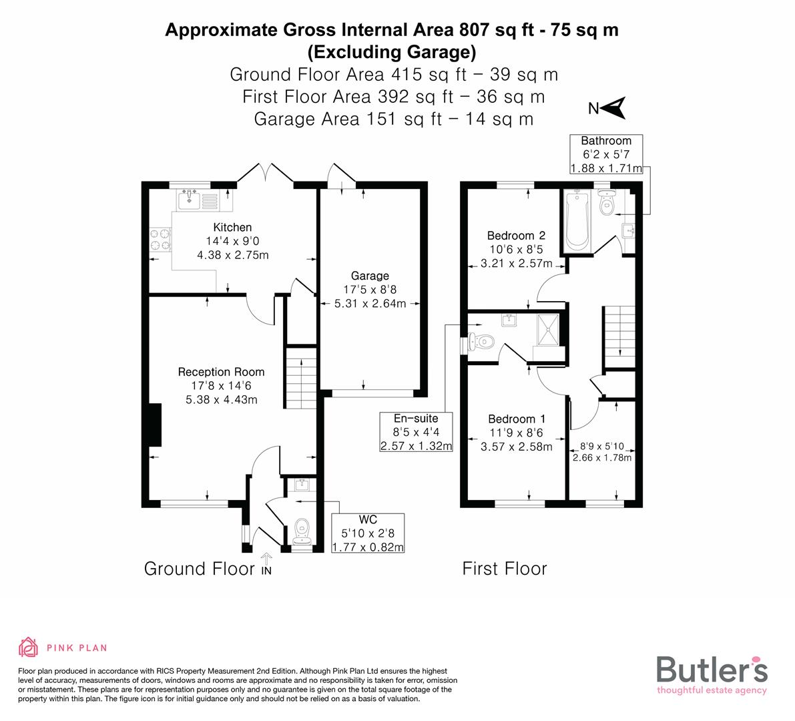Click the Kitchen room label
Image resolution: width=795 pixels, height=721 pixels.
click(x=232, y=228)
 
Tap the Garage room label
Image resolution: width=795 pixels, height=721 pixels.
click(x=370, y=276)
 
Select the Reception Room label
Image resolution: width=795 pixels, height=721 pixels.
click(x=221, y=372)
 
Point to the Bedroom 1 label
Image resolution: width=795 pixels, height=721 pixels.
click(x=516, y=419)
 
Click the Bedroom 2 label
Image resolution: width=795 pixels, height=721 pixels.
click(x=516, y=235)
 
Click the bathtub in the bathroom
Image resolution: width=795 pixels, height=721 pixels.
click(x=575, y=220)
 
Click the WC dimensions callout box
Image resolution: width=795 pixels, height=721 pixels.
click(x=368, y=533)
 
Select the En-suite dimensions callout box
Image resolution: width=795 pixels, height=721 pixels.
click(x=415, y=432)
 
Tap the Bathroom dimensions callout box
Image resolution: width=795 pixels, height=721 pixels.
click(x=605, y=154)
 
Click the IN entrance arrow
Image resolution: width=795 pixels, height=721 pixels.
click(x=267, y=564)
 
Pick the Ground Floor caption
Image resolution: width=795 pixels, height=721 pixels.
click(x=199, y=569)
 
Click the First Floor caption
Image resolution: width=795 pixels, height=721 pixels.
click(x=504, y=569)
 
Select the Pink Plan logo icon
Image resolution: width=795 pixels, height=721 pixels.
click(x=29, y=647)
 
